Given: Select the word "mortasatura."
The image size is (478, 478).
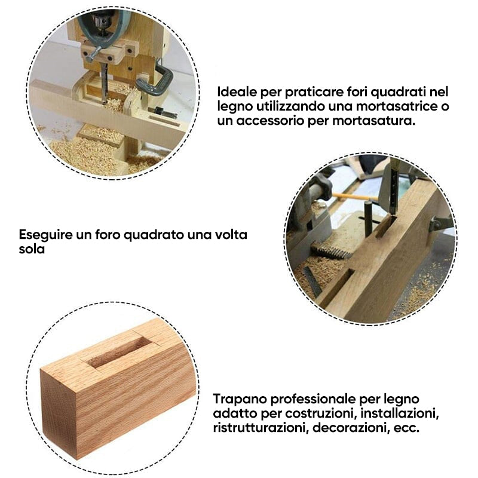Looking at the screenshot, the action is pos(374,121).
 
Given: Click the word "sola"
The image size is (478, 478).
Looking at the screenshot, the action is pos(32,249).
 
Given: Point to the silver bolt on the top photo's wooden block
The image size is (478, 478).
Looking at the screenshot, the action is pos(93,54).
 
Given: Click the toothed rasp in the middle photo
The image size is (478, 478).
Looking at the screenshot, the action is pos(332,252).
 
